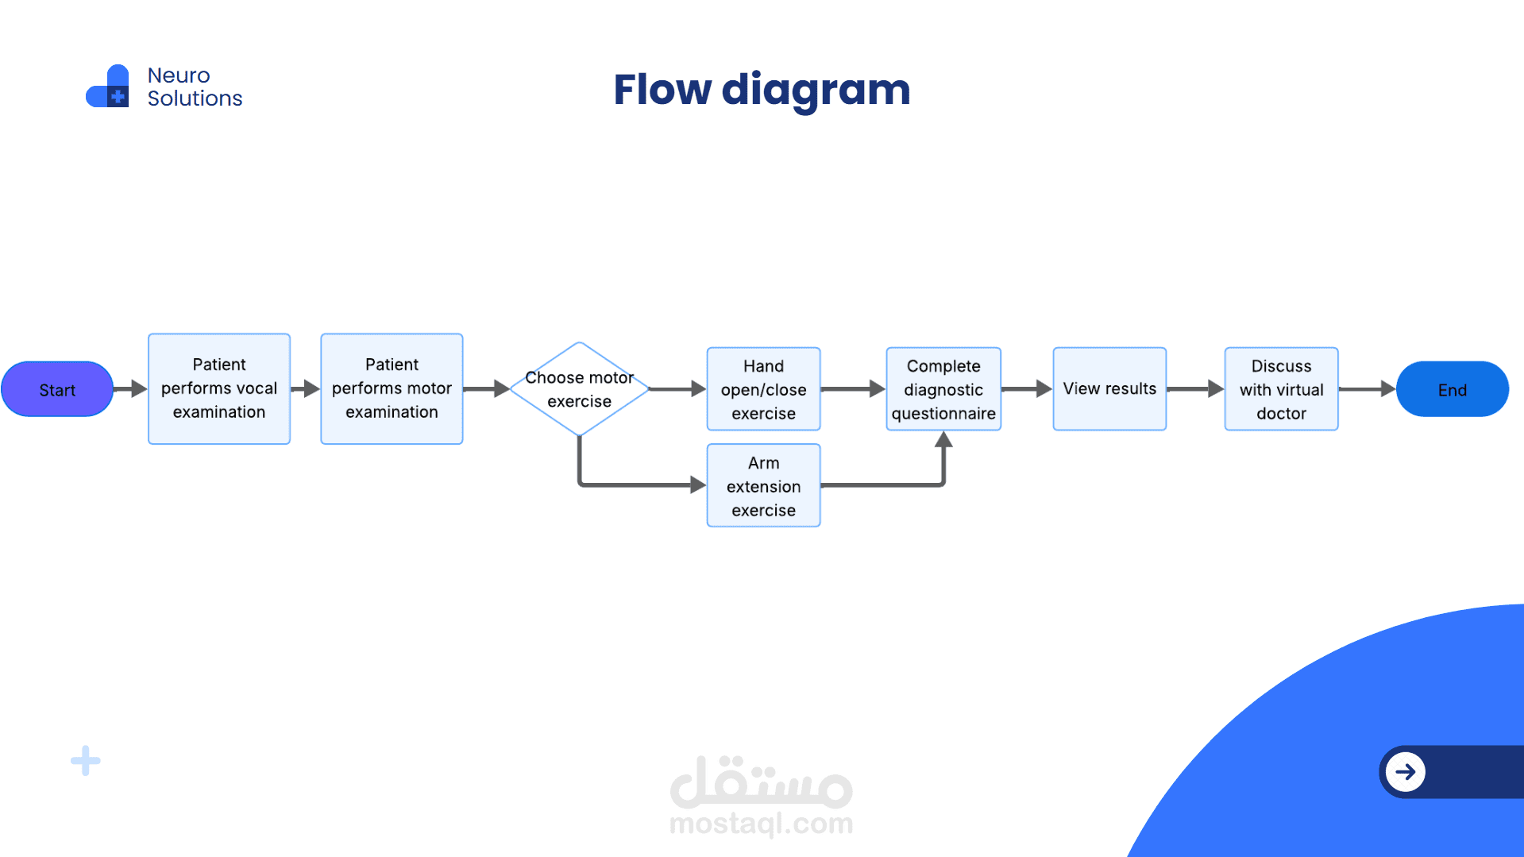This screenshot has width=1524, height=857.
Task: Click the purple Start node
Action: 57,389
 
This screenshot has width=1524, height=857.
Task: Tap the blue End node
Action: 1452,389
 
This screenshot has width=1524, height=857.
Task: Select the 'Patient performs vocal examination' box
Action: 219,388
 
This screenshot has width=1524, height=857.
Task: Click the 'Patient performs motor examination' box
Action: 392,388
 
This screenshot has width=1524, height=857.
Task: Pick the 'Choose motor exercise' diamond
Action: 579,389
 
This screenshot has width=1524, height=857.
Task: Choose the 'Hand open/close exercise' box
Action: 763,389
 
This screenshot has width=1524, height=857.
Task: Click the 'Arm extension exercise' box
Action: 763,485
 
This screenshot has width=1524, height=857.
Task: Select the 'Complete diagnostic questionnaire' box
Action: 943,389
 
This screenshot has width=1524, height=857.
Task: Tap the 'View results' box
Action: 1109,389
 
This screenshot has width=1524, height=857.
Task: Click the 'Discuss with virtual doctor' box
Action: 1281,389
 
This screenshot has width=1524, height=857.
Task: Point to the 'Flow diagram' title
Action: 762,89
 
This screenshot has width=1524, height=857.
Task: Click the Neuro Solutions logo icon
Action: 108,87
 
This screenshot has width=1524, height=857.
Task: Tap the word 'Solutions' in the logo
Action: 195,98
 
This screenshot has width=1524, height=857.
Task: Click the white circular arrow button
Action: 1406,771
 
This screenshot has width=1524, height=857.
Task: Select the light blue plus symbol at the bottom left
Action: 86,761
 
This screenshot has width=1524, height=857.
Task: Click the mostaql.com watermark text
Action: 761,824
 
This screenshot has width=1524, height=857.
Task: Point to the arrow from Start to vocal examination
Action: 130,389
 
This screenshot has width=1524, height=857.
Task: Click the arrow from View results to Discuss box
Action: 1195,389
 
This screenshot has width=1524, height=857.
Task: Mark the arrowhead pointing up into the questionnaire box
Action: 943,440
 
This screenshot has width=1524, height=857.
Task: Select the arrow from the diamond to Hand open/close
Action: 677,389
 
